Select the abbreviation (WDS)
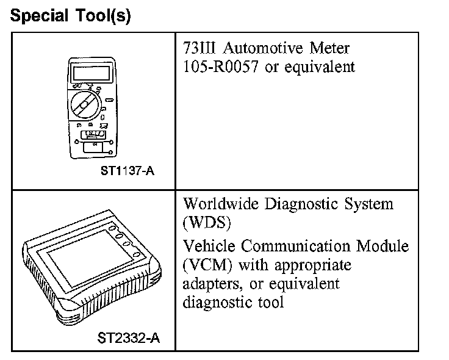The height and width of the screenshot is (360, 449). [207, 222]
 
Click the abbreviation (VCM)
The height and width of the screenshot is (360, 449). [207, 265]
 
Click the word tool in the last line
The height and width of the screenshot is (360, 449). [272, 301]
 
